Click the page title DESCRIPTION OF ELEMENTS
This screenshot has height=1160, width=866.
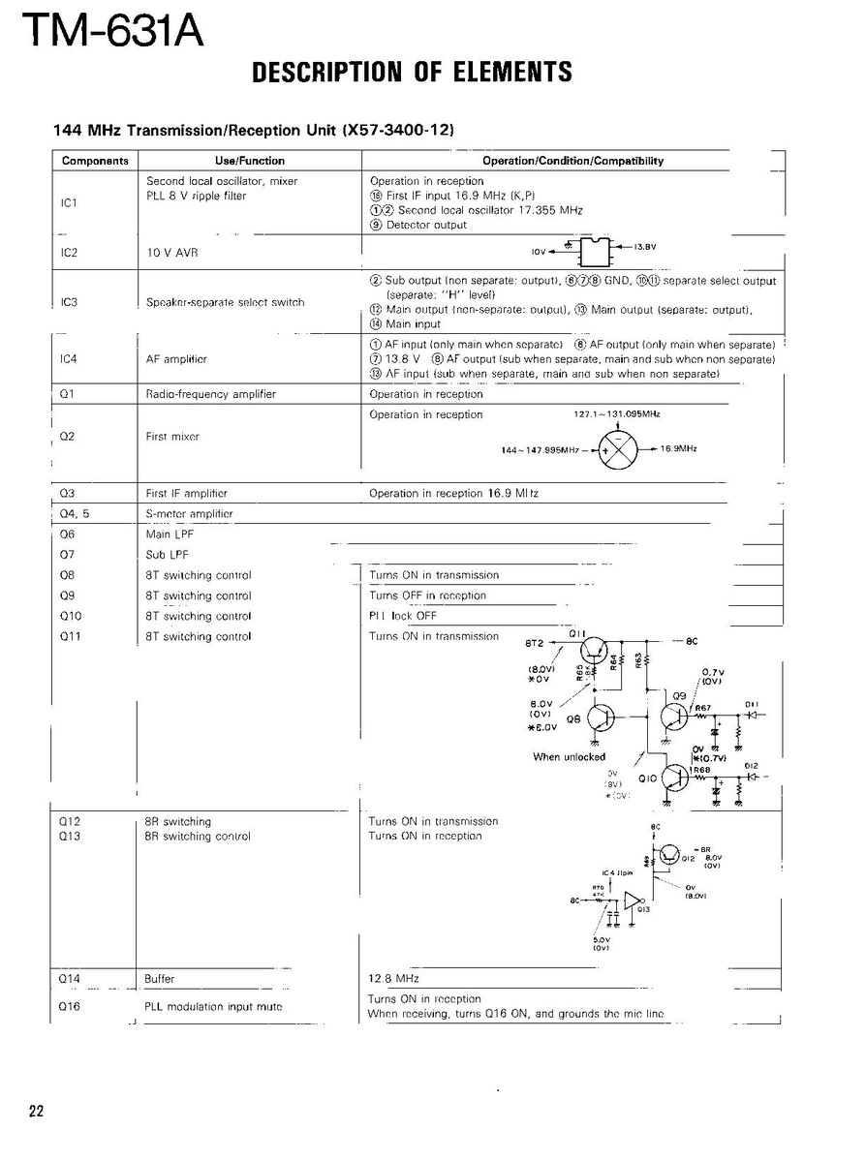click(x=412, y=73)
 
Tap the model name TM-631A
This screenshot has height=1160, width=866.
click(x=114, y=31)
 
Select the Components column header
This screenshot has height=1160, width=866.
click(x=95, y=161)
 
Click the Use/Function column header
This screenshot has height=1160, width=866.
click(x=249, y=161)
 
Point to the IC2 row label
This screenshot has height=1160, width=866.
click(x=69, y=252)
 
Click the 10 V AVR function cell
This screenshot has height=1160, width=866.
click(x=171, y=252)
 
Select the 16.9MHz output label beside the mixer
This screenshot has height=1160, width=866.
click(x=680, y=448)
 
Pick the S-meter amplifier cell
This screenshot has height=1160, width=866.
click(x=189, y=513)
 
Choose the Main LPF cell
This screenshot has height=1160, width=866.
click(x=167, y=534)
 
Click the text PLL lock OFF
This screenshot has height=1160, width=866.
click(x=403, y=616)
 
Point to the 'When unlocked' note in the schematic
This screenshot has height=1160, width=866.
click(x=569, y=757)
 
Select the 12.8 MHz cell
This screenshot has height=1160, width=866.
click(x=387, y=979)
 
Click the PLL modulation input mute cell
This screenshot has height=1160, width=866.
click(x=213, y=1007)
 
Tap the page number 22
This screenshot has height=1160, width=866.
click(x=36, y=1111)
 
